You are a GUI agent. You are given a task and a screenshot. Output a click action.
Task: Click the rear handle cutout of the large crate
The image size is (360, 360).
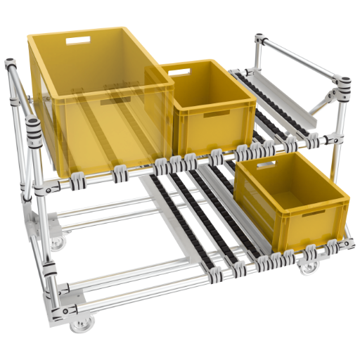click(x=79, y=39)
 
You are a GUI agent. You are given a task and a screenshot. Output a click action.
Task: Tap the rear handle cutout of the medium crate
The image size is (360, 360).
click(x=180, y=71)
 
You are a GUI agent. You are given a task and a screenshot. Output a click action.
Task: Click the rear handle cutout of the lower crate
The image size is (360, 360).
click(x=266, y=165)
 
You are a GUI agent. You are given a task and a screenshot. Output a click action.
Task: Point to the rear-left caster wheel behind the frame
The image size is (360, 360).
click(x=56, y=243)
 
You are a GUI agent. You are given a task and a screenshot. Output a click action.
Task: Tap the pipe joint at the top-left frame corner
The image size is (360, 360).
click(x=10, y=67)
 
